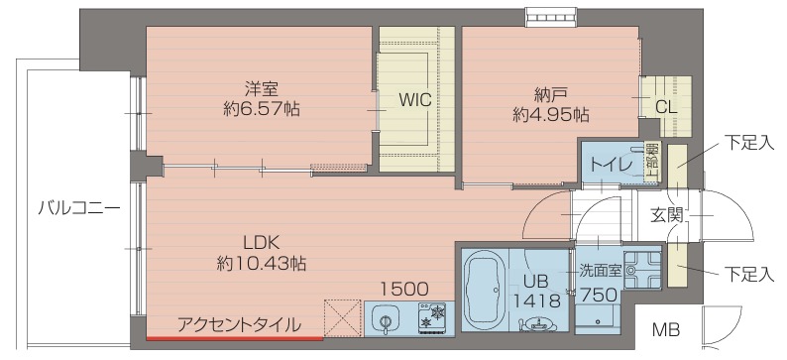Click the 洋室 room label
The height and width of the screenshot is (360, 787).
(x=261, y=89)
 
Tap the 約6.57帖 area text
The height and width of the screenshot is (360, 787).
(x=262, y=108)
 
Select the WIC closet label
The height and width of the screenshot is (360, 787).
(x=415, y=100)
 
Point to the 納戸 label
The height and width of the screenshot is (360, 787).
(x=550, y=95)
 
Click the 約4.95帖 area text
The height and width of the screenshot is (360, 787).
(x=550, y=115)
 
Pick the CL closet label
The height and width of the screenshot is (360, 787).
(x=667, y=107)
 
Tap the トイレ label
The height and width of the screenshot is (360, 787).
(x=617, y=166)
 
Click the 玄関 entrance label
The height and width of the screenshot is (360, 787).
(x=667, y=215)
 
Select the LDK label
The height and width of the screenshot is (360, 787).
(x=261, y=243)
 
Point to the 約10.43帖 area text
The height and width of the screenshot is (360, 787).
(x=262, y=263)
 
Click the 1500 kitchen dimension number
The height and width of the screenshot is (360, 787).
(x=404, y=289)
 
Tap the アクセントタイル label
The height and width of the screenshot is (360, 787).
(x=240, y=326)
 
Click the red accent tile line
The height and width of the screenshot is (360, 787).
(x=234, y=339)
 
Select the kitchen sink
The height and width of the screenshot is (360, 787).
(x=386, y=320)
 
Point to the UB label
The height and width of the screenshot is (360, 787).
(x=536, y=281)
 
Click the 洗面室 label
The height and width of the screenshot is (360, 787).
(x=601, y=271)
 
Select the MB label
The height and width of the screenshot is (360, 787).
(x=665, y=330)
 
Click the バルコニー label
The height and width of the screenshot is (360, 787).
(x=79, y=208)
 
